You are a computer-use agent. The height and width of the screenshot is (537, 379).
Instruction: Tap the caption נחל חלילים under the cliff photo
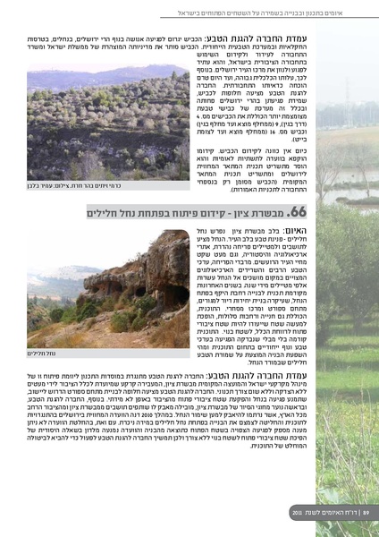pyautogui.click(x=43, y=354)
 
